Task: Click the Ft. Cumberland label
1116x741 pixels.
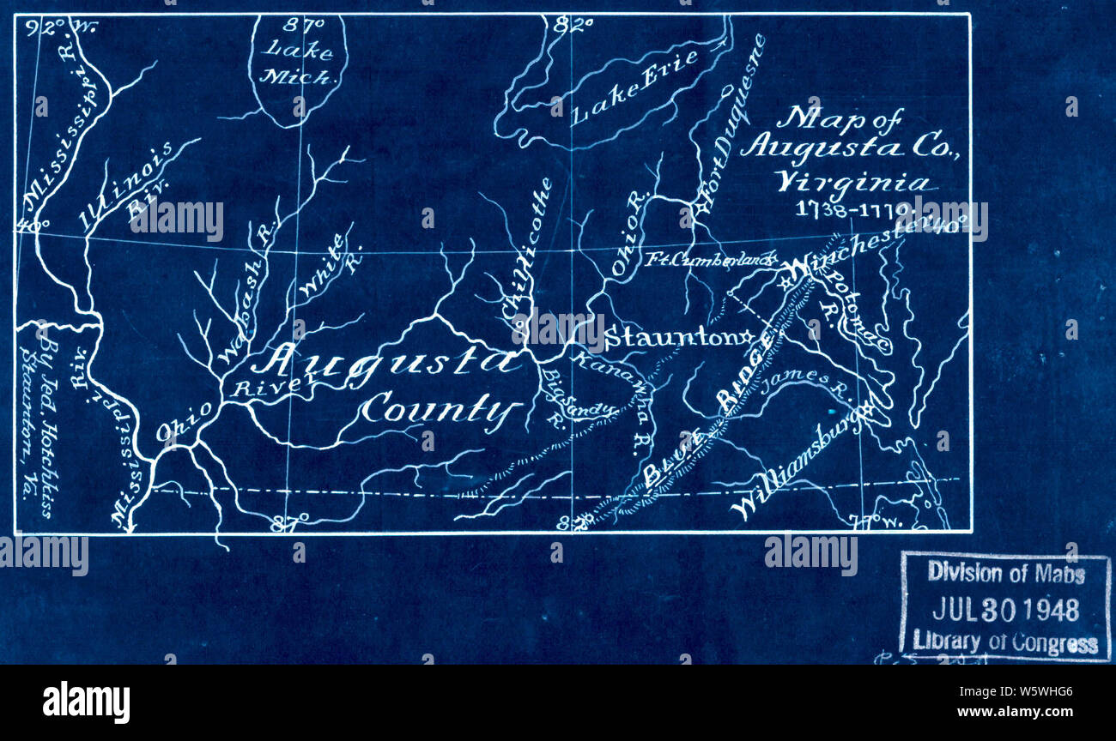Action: coord(710,258)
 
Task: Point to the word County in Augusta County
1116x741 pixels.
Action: coord(441,409)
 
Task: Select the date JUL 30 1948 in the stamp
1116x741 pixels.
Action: coord(1004,609)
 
